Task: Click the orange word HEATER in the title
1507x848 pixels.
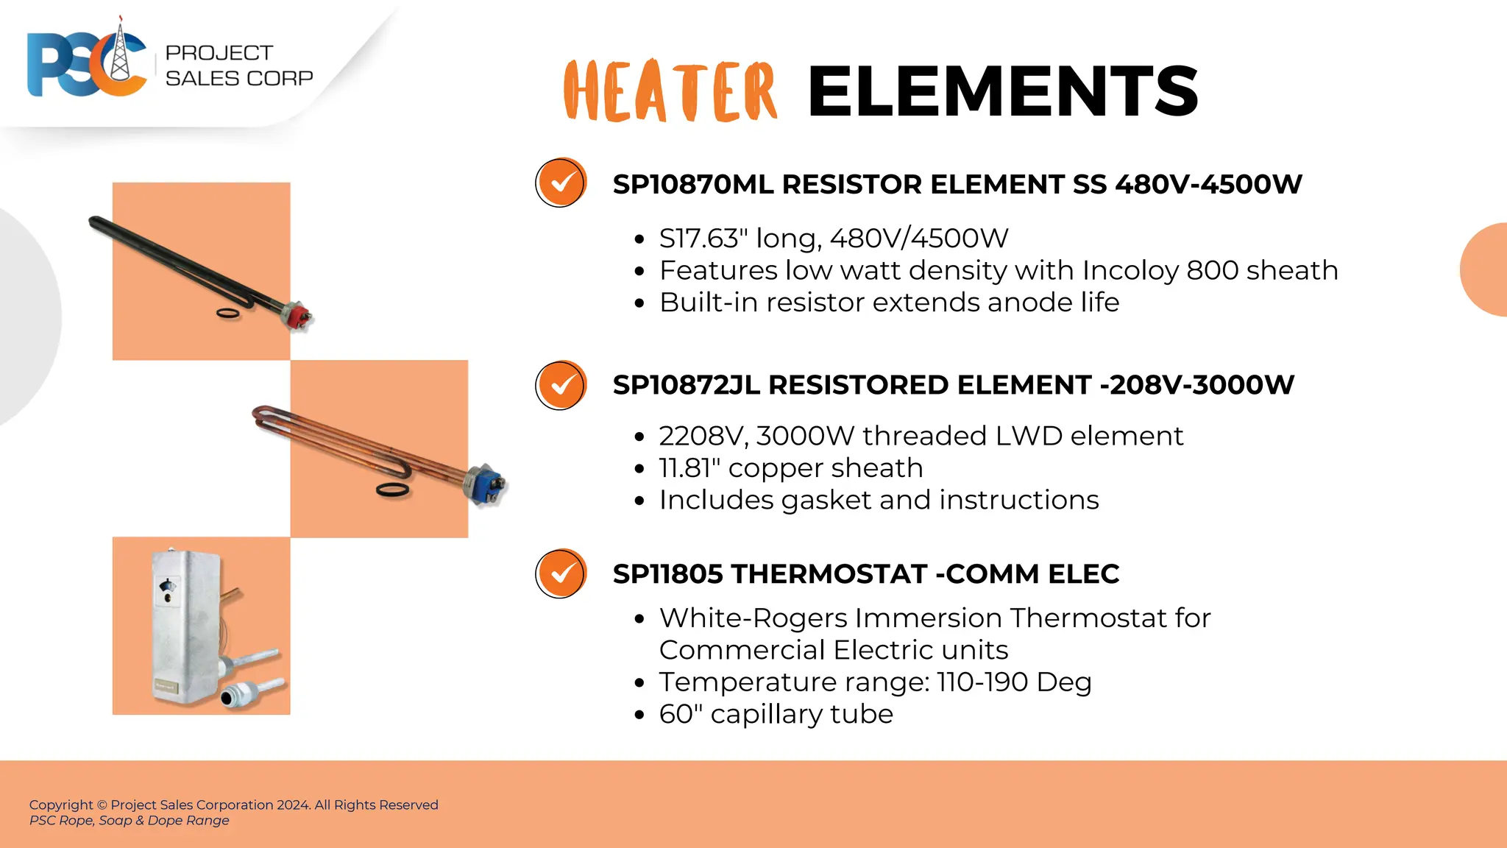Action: tap(670, 91)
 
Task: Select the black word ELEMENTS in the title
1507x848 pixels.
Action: tap(1003, 91)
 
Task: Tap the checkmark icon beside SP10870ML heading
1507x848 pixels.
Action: tap(561, 183)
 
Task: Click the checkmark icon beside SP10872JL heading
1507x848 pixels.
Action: tap(561, 385)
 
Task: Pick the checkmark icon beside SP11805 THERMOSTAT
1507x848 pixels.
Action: tap(561, 573)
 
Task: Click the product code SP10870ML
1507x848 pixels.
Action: tap(692, 185)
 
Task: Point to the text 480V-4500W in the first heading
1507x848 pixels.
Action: tap(1208, 185)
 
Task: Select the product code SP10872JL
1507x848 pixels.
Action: tap(686, 385)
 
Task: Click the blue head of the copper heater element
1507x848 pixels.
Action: tap(487, 484)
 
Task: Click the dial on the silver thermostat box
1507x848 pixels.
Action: tap(166, 586)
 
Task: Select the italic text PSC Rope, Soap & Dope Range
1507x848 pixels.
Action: tap(130, 821)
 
